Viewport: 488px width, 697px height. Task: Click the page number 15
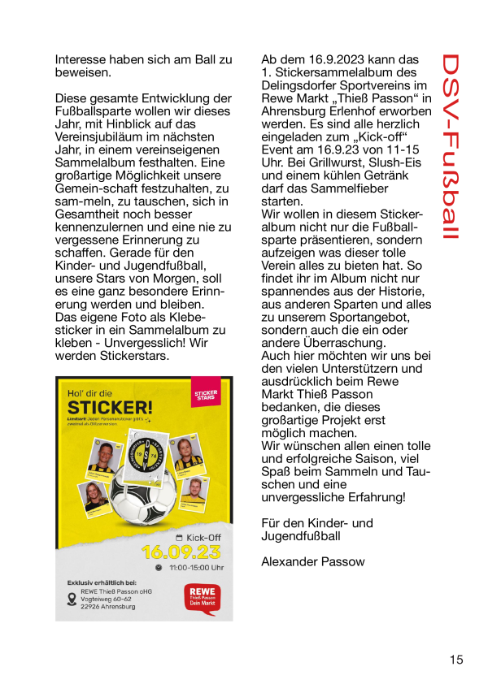(455, 660)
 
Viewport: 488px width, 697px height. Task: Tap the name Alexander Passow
(313, 562)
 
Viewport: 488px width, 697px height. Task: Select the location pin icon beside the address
(72, 600)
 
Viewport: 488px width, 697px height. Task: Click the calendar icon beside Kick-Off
(179, 538)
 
